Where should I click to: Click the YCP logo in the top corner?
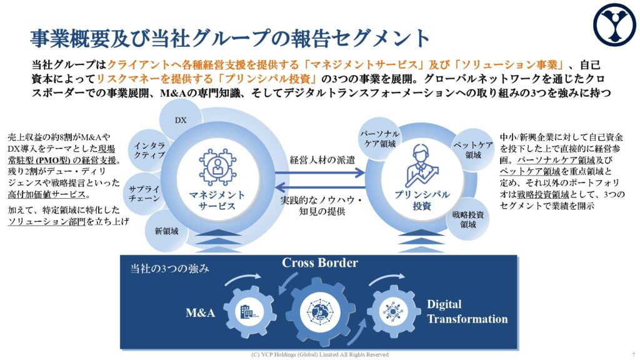614,24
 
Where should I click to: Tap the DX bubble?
181,119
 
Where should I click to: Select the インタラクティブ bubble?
149,150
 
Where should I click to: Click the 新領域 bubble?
166,231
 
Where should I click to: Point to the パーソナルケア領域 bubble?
379,139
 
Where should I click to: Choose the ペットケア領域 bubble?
473,150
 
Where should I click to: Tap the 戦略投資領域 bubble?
467,219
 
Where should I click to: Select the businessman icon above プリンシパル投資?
422,166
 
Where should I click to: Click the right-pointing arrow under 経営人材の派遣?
319,172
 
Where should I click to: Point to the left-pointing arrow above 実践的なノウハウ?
319,187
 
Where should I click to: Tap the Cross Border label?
320,262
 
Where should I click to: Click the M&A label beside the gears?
200,312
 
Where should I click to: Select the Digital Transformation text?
467,311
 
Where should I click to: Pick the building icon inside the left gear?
249,312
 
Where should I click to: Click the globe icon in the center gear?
320,312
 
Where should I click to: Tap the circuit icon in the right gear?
392,312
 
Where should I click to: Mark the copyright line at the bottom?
320,355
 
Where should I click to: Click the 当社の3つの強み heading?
169,268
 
